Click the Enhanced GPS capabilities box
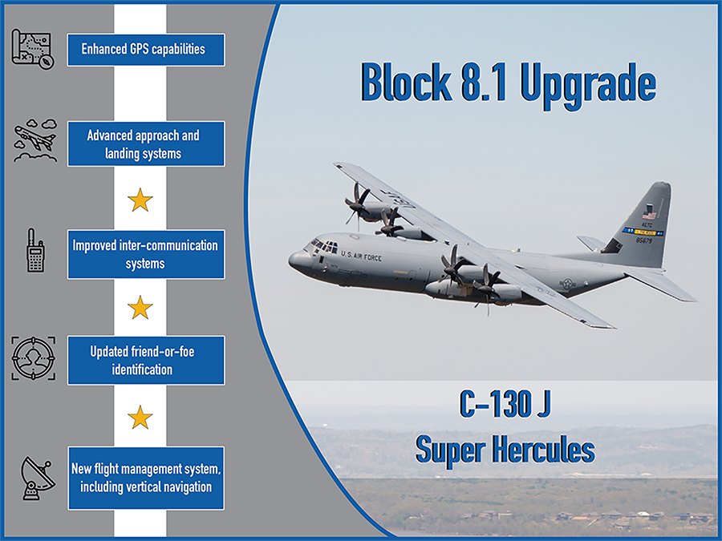(x=146, y=50)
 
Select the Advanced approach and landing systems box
(x=146, y=144)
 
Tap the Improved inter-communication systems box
(x=146, y=254)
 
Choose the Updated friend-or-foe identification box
(x=146, y=360)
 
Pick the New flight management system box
(x=146, y=478)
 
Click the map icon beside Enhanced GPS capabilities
(x=33, y=49)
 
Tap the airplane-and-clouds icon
(x=35, y=140)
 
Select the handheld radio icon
(x=35, y=250)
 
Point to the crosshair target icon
(x=33, y=358)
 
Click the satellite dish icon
(x=37, y=478)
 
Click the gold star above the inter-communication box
(x=140, y=200)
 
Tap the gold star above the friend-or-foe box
(x=140, y=307)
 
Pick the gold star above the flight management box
(x=140, y=418)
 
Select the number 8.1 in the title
(x=484, y=83)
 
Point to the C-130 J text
(x=505, y=404)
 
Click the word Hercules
(x=543, y=449)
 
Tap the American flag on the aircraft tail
(x=649, y=215)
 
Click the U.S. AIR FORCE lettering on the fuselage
(x=362, y=256)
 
